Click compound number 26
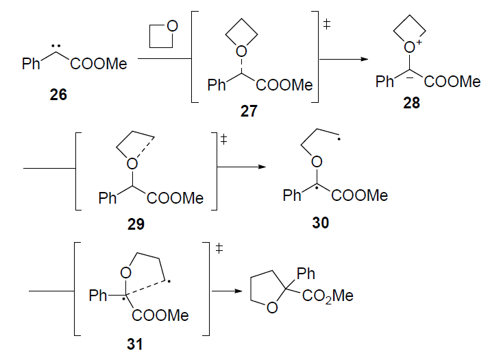[58, 95]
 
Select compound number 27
[249, 111]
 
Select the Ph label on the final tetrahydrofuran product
[306, 274]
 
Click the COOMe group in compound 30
[360, 196]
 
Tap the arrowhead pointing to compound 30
[260, 166]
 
